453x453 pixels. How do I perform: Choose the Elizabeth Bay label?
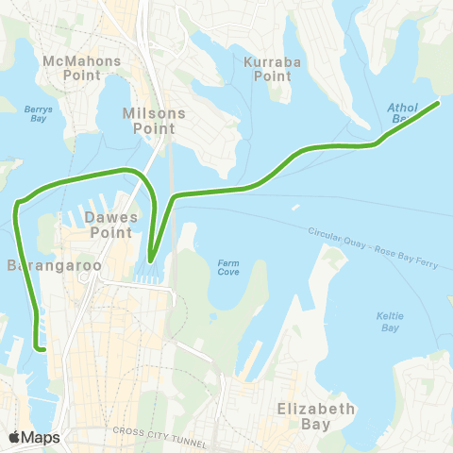(315, 416)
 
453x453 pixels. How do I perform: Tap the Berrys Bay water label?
(37, 113)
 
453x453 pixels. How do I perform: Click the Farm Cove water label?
(227, 267)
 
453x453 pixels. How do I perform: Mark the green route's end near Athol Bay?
(437, 102)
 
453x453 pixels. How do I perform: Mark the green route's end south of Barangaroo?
(43, 348)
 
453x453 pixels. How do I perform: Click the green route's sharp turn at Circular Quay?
(151, 259)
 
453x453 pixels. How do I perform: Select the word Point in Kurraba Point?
(273, 75)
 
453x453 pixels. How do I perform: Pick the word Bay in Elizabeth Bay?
(315, 425)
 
